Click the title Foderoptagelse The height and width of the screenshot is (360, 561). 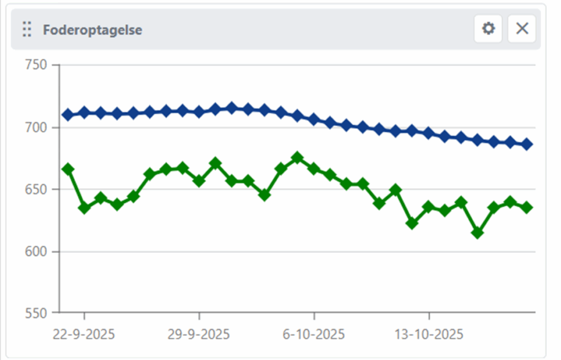[92, 29]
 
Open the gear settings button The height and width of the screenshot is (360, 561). [488, 29]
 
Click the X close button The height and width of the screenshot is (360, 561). [522, 29]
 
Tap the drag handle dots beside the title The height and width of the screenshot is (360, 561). [27, 29]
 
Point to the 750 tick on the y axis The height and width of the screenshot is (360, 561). [36, 65]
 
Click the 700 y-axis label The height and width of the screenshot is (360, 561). [36, 128]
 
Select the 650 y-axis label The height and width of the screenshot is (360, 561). [36, 189]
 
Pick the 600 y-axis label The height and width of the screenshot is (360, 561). [36, 252]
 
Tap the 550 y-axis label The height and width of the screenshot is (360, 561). [36, 313]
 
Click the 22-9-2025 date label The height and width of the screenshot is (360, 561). [84, 334]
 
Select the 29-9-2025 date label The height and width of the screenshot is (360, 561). [199, 334]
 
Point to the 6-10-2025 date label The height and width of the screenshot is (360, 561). [314, 334]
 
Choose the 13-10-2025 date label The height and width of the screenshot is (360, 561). [429, 334]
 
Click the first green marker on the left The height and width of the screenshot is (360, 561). [68, 169]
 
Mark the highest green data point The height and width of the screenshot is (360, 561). [297, 158]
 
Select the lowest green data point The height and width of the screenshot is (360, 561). [477, 233]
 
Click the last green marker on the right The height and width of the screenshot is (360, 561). [527, 207]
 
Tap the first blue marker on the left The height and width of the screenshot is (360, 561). [68, 115]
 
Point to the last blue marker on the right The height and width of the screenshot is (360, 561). [527, 144]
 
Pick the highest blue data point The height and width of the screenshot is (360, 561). [232, 108]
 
